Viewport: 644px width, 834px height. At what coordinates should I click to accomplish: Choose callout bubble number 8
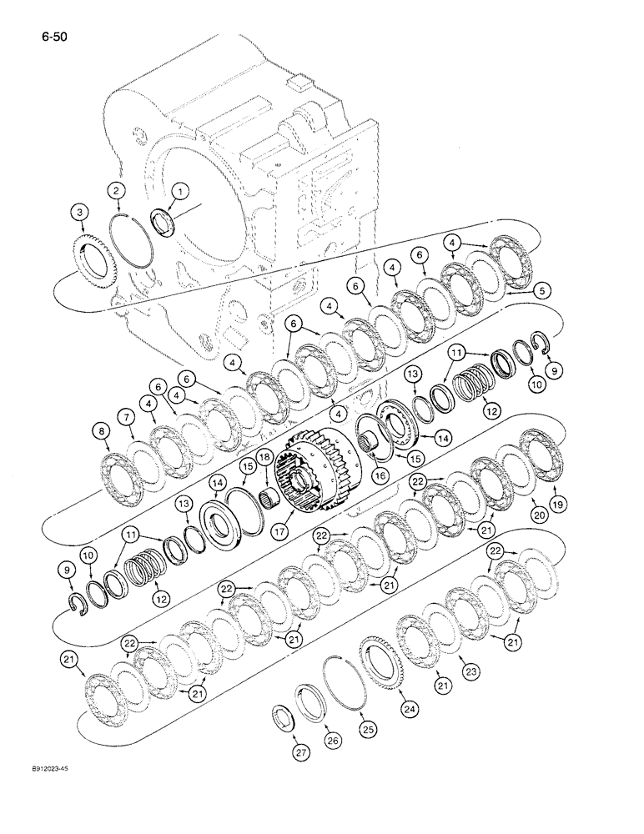(x=101, y=431)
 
